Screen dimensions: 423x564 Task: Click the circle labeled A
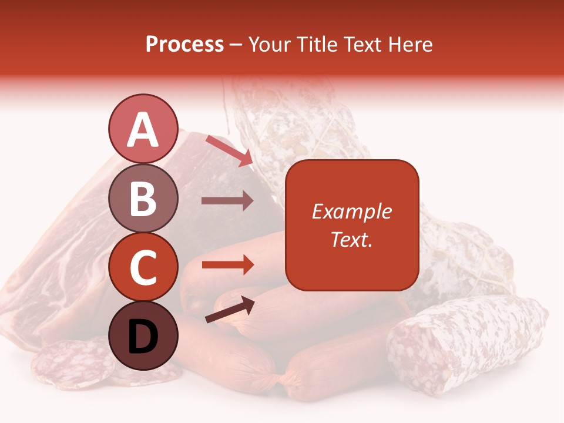coord(143,129)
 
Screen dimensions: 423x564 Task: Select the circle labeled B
coord(143,198)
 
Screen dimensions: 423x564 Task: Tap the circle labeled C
coord(143,267)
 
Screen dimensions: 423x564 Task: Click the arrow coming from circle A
coord(229,150)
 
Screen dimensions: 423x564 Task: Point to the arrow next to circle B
coord(227,201)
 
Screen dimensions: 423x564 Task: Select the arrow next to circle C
coord(227,264)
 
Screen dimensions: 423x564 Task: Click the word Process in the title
coord(184,44)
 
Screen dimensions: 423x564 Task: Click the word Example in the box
coord(351,211)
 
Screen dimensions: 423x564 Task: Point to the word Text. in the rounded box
coord(351,239)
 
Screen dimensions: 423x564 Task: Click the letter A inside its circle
coord(143,130)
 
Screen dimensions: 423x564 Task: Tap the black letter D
coord(143,336)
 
